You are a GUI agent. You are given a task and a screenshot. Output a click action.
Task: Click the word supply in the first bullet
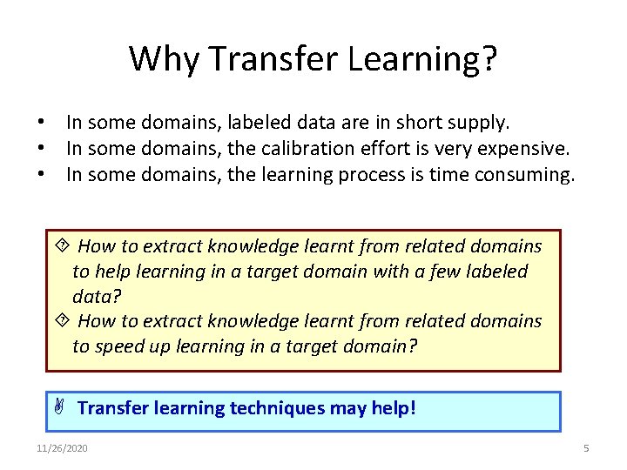(x=481, y=124)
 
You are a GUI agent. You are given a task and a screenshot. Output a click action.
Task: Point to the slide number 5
(x=586, y=448)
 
